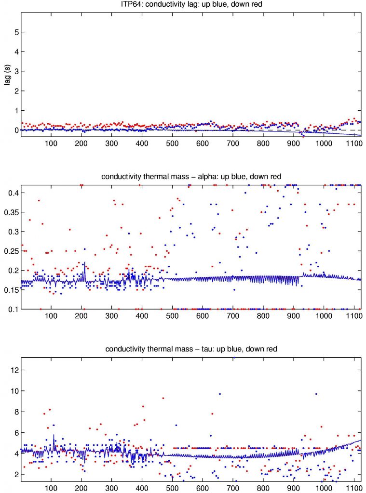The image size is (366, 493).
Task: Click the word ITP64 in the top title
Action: point(131,5)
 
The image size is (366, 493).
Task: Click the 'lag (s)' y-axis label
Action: point(7,76)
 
